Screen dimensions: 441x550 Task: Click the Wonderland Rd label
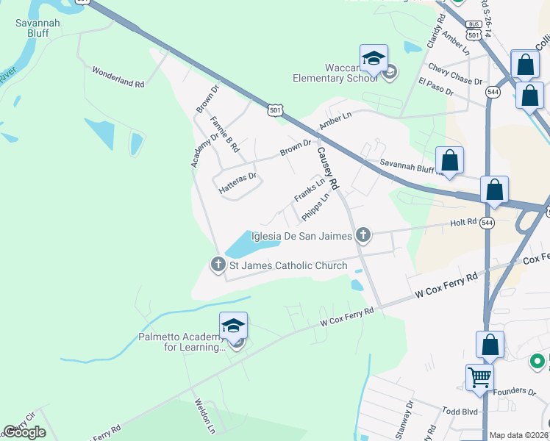tap(118, 78)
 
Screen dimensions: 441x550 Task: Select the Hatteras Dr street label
tap(238, 182)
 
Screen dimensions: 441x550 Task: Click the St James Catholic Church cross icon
tap(218, 265)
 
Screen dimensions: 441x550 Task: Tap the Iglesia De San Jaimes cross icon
tap(362, 235)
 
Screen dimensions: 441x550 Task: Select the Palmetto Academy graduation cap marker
tap(233, 326)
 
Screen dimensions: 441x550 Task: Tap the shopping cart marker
tap(479, 378)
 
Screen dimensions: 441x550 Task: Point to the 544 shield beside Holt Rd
tap(488, 221)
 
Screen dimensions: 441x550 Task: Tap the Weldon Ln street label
tap(204, 415)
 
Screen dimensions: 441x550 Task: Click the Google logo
tap(24, 432)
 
